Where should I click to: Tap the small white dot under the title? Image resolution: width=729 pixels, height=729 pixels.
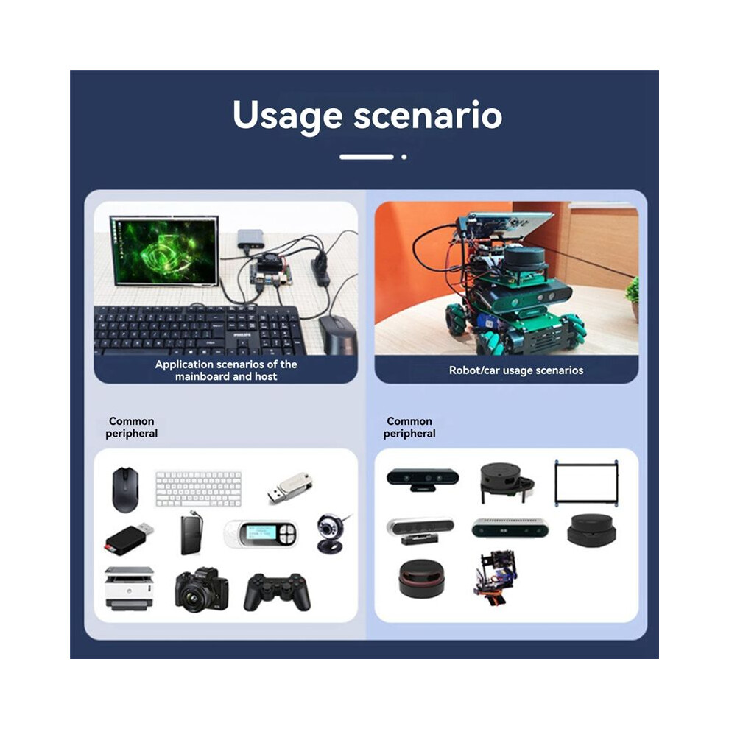pyautogui.click(x=404, y=157)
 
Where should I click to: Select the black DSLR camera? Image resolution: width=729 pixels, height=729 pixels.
pyautogui.click(x=202, y=589)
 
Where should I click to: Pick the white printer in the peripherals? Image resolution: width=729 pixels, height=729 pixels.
pyautogui.click(x=129, y=588)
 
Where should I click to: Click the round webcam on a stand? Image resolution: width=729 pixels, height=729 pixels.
pyautogui.click(x=332, y=533)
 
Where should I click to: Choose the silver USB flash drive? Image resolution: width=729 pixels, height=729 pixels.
pyautogui.click(x=289, y=488)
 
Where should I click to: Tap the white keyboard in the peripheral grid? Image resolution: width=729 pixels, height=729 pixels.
pyautogui.click(x=199, y=489)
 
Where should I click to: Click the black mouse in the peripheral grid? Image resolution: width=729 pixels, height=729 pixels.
pyautogui.click(x=125, y=490)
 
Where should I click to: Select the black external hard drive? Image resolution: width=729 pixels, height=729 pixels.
pyautogui.click(x=191, y=533)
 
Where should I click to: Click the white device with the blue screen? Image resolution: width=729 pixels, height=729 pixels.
pyautogui.click(x=261, y=533)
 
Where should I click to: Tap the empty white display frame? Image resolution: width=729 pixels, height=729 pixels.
pyautogui.click(x=586, y=483)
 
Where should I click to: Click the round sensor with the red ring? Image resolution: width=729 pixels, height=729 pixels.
pyautogui.click(x=421, y=578)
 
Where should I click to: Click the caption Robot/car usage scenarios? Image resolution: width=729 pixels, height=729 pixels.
pyautogui.click(x=516, y=370)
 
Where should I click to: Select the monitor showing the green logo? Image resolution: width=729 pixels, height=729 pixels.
pyautogui.click(x=164, y=250)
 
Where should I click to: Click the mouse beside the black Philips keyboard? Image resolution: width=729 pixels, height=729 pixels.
pyautogui.click(x=337, y=334)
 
